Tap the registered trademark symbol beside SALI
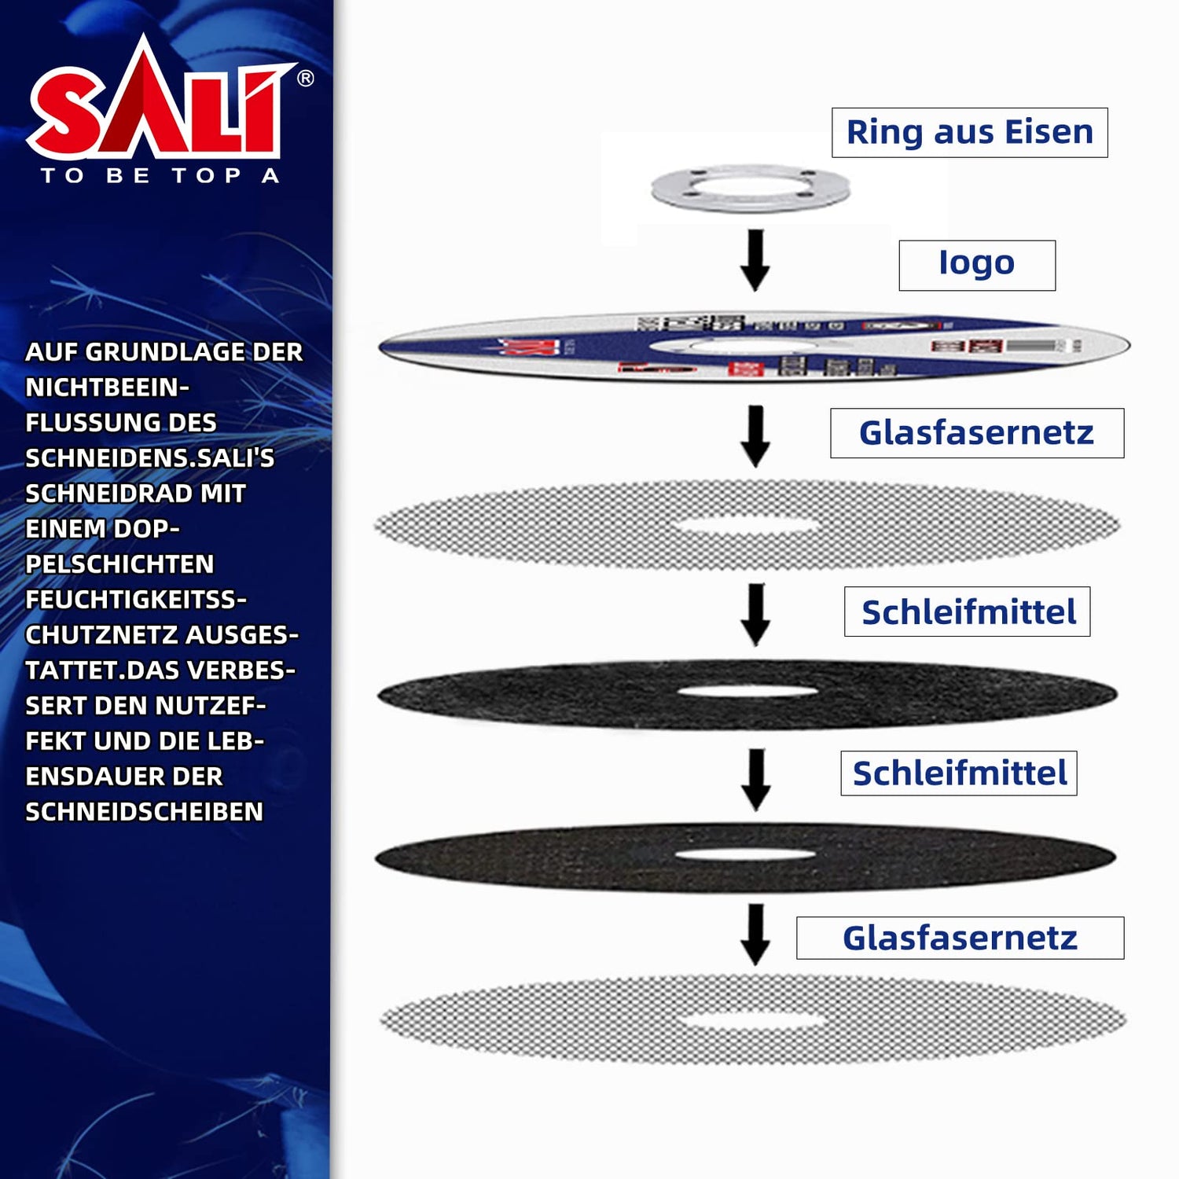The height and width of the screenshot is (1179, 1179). [x=306, y=79]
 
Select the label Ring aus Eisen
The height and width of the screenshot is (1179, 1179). [x=969, y=133]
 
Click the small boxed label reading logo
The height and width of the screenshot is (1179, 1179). [x=976, y=265]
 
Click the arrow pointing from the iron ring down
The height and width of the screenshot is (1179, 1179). [x=755, y=259]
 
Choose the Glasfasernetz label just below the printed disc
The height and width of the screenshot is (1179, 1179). [x=976, y=433]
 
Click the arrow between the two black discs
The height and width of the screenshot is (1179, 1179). [x=755, y=779]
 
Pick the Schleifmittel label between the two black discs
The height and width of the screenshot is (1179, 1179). [x=959, y=773]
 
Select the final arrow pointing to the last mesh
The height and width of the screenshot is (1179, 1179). [x=755, y=934]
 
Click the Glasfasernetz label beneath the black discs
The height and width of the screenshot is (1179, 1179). [x=960, y=938]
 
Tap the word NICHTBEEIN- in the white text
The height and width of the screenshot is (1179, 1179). [x=107, y=387]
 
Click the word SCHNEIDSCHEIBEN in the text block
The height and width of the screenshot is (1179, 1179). [x=144, y=812]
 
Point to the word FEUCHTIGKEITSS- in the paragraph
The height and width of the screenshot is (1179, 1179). [x=135, y=600]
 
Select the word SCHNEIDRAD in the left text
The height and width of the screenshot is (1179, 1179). [x=108, y=494]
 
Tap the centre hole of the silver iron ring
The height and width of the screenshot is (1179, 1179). [x=751, y=187]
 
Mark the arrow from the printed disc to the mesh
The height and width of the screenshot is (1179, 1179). [x=755, y=436]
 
